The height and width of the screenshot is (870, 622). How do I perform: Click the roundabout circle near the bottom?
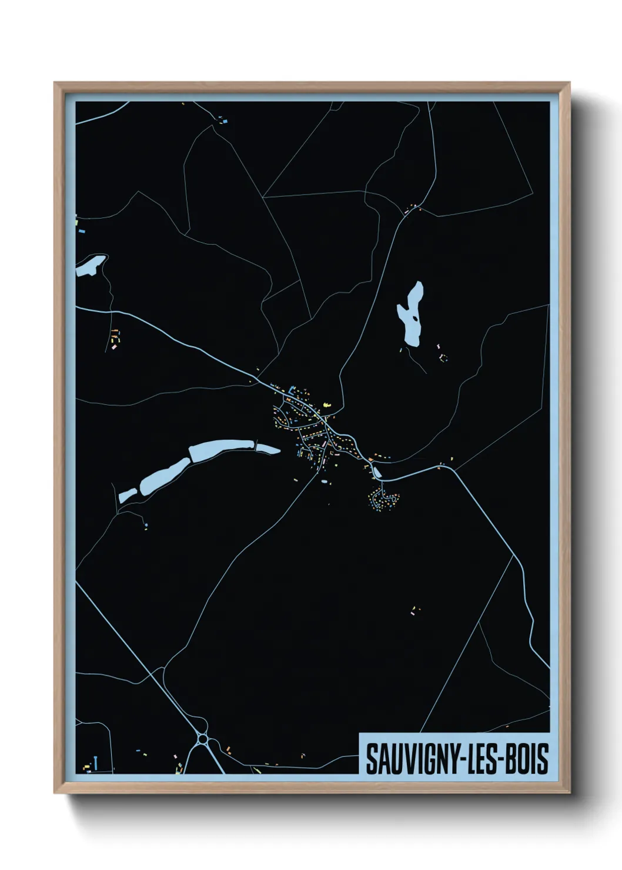tap(203, 737)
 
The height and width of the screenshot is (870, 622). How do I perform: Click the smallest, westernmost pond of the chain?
tap(127, 496)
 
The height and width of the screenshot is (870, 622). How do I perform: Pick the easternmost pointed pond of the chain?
tap(267, 450)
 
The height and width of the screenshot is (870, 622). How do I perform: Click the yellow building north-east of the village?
tap(327, 404)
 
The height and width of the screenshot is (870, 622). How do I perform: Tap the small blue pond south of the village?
tap(323, 481)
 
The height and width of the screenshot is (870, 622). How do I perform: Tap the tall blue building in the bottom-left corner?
tap(95, 763)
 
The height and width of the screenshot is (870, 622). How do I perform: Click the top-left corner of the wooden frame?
tap(55, 83)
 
